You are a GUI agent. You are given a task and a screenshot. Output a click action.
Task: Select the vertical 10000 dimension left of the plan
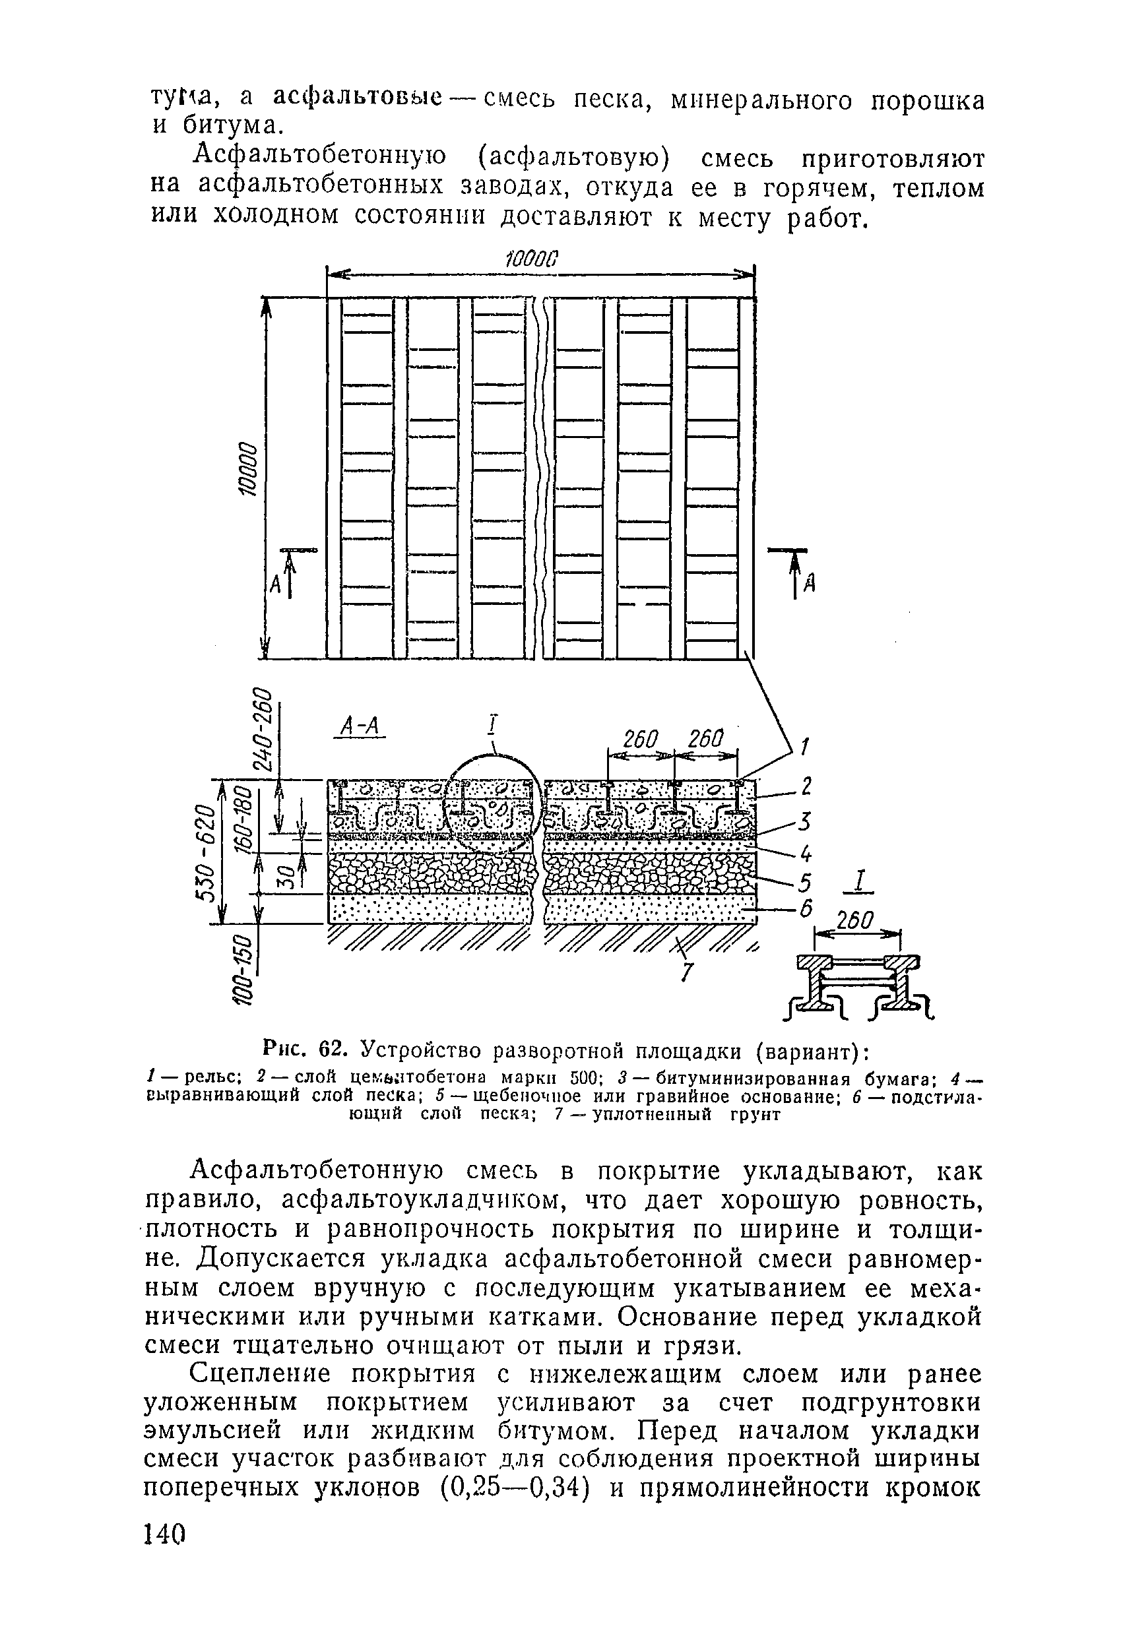[249, 469]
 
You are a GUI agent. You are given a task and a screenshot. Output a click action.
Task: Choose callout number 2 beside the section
[807, 786]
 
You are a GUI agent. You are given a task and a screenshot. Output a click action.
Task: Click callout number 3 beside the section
[806, 821]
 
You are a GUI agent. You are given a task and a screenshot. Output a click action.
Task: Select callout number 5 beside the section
[806, 883]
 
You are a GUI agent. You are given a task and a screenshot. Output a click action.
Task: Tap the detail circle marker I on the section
[494, 724]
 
